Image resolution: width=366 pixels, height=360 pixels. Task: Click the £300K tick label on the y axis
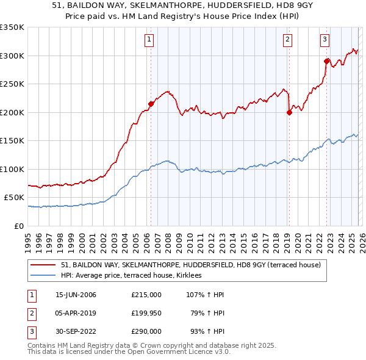coord(12,56)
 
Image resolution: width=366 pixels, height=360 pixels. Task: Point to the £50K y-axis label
coord(13,198)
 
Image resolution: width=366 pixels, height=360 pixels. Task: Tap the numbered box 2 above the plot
coord(287,40)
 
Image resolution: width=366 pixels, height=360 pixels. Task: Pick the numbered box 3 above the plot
coord(325,40)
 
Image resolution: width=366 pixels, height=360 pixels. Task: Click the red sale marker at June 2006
coord(151,104)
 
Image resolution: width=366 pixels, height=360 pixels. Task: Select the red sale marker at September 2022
coord(327,61)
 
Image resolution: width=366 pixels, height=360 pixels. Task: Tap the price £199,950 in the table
coord(146,314)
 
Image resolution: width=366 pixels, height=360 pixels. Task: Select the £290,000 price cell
coord(146,333)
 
